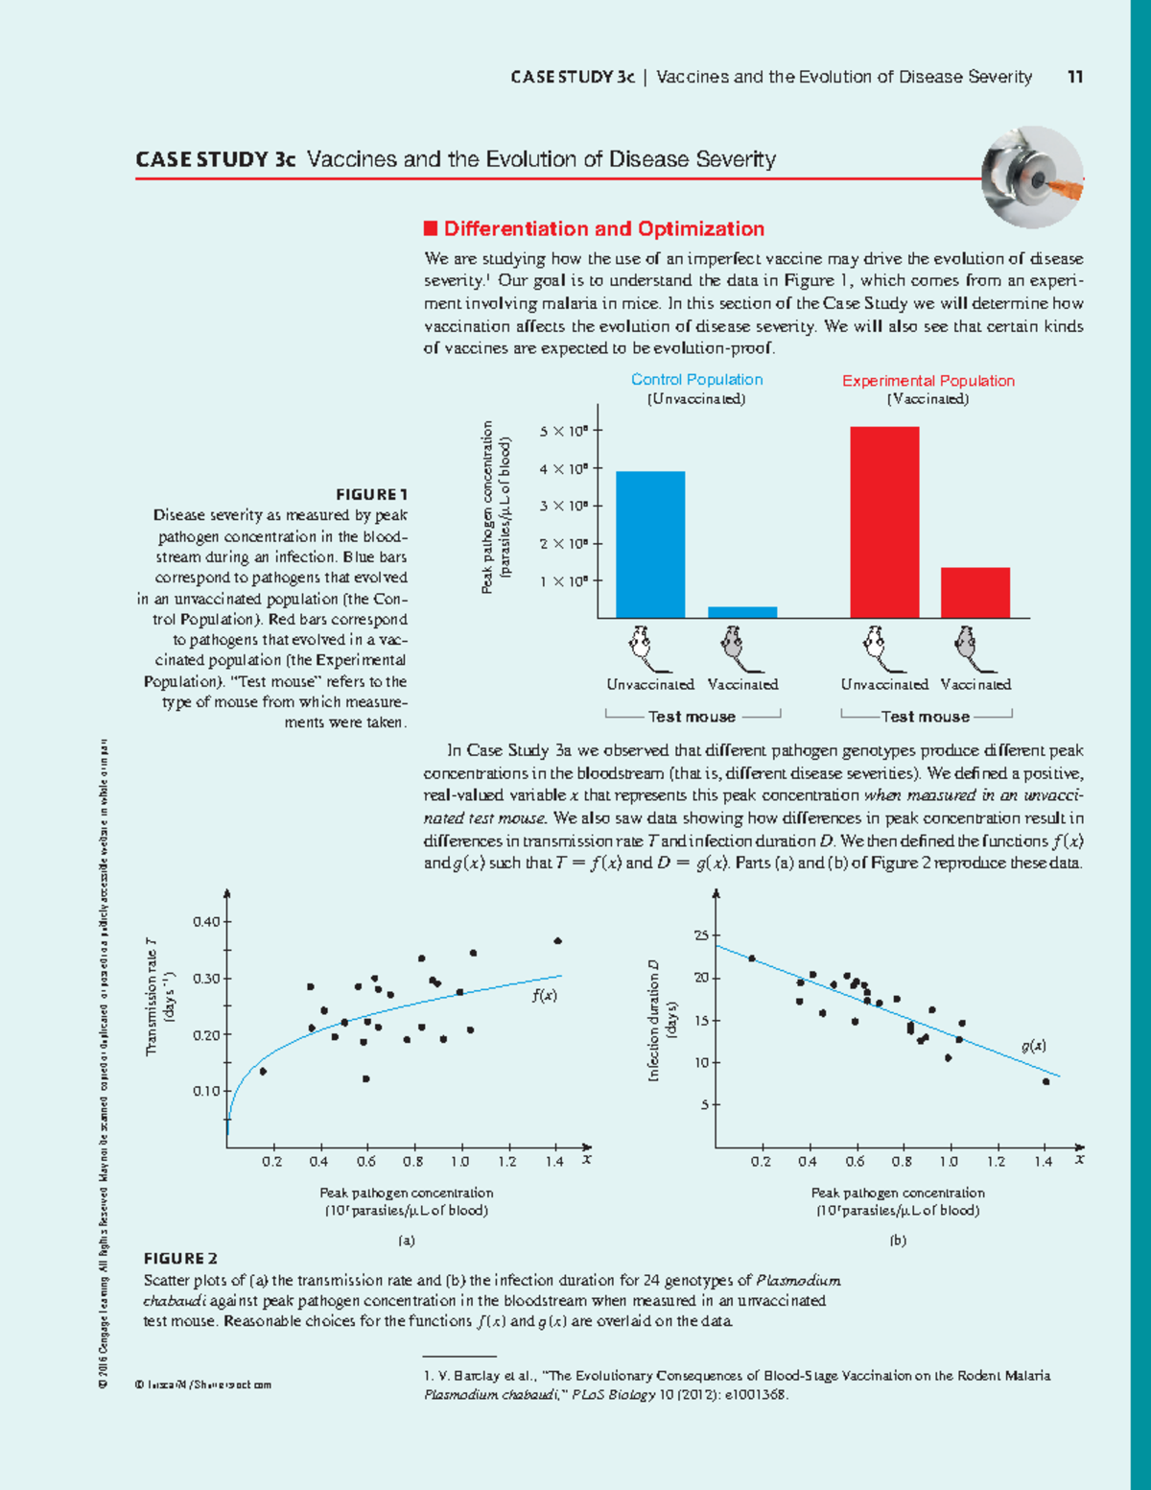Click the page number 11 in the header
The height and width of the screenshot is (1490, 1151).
pos(1075,77)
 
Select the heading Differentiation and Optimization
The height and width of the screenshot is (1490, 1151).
pos(603,229)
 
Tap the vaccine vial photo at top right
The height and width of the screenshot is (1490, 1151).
pos(1032,177)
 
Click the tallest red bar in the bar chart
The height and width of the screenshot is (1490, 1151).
pos(884,523)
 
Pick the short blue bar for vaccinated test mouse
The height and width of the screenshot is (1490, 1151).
pos(742,612)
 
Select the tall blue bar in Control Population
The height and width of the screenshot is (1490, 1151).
pos(650,545)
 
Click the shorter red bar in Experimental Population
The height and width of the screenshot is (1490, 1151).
pos(975,593)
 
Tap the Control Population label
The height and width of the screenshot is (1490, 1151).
pos(696,380)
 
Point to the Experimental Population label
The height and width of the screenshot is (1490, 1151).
pos(928,381)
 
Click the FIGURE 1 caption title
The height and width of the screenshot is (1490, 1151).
pos(371,495)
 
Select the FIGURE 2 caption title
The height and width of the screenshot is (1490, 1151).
pos(180,1259)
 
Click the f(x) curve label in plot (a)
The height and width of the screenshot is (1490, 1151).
pos(544,996)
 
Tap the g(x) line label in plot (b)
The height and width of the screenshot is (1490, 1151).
pos(1033,1046)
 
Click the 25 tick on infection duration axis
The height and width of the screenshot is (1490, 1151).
pos(701,935)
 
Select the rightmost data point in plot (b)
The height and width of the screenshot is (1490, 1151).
pos(1045,1081)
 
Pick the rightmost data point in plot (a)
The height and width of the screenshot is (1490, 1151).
pos(557,941)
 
